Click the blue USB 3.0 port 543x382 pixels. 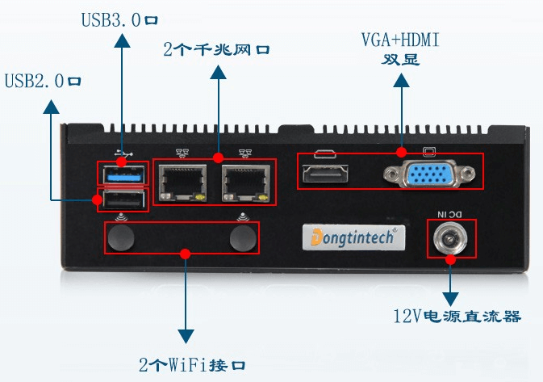pyautogui.click(x=123, y=173)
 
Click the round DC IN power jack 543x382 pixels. pyautogui.click(x=450, y=239)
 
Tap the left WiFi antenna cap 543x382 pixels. pyautogui.click(x=121, y=237)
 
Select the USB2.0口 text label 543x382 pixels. pyautogui.click(x=43, y=81)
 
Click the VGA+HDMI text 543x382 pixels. pyautogui.click(x=401, y=40)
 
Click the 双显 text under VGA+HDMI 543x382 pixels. pyautogui.click(x=401, y=59)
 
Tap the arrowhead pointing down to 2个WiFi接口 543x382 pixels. pyautogui.click(x=186, y=335)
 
